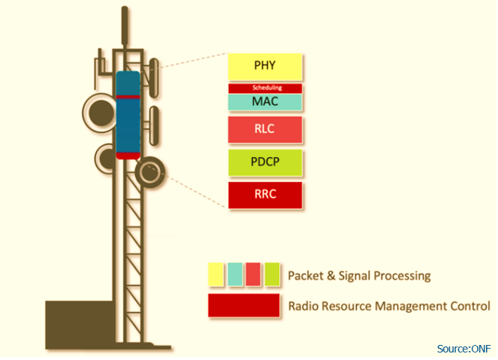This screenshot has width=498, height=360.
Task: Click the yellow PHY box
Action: (265, 67)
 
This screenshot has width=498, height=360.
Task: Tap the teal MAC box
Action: (265, 101)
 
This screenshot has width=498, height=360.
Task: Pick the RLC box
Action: (265, 129)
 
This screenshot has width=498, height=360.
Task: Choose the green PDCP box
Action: (265, 162)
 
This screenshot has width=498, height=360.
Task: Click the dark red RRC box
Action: (265, 194)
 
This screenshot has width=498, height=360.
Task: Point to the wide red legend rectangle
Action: (244, 306)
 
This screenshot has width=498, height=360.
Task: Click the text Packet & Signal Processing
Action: (359, 276)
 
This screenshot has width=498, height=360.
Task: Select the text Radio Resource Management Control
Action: (389, 306)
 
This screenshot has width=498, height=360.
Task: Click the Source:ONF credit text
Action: (463, 348)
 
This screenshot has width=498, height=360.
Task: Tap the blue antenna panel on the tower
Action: (128, 113)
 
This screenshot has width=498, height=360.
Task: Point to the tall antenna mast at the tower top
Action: (122, 30)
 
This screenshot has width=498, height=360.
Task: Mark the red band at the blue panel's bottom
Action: (128, 155)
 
